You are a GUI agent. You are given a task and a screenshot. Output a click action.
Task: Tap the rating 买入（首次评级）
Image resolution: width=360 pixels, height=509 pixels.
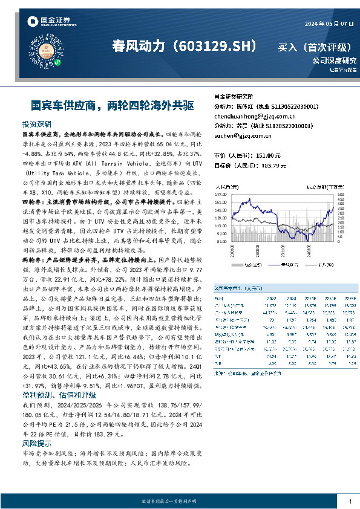tap(316, 47)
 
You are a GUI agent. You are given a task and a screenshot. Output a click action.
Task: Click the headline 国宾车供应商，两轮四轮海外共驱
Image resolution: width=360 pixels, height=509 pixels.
tap(103, 105)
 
